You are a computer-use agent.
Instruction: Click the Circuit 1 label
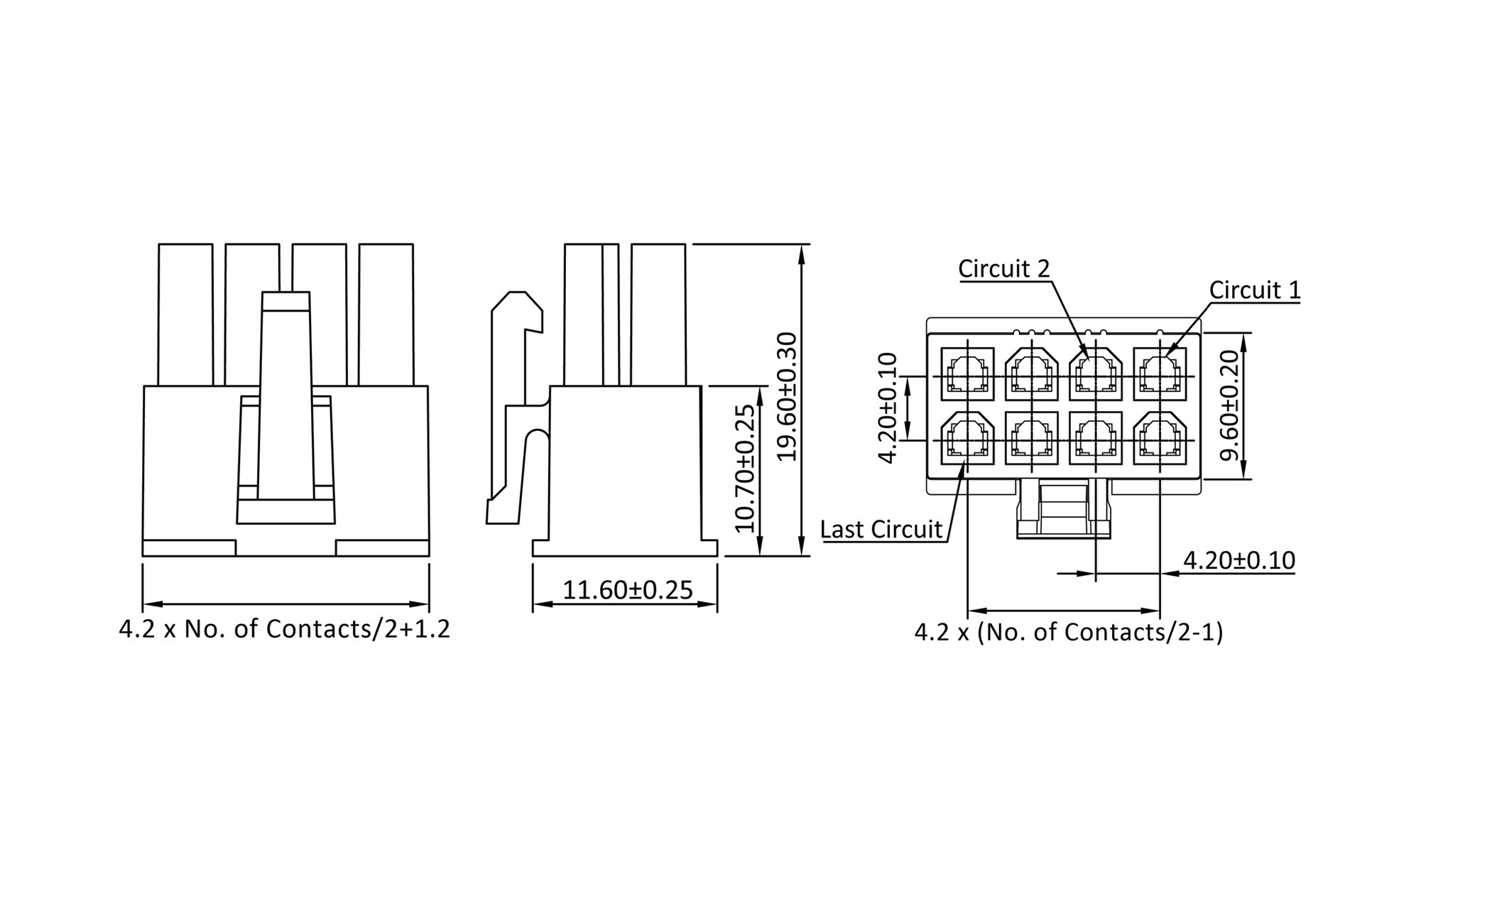[x=1255, y=290]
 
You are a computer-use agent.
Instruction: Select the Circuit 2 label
[x=1003, y=268]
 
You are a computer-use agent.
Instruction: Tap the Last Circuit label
[x=881, y=530]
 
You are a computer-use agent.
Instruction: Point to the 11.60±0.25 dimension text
[x=628, y=590]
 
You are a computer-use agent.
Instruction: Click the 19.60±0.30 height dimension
[x=787, y=396]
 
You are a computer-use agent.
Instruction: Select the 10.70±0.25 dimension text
[x=744, y=469]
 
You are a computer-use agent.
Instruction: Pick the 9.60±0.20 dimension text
[x=1229, y=405]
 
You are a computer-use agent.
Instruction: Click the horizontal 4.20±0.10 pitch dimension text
[x=1239, y=560]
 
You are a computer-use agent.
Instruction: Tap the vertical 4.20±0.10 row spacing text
[x=888, y=408]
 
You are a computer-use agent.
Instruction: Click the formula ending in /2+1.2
[x=285, y=629]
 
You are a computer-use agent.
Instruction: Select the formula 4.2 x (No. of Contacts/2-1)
[x=1069, y=632]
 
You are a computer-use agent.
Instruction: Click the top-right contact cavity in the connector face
[x=1160, y=373]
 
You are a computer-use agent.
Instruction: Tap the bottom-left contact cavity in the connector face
[x=967, y=438]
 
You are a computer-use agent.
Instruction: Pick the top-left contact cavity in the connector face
[x=967, y=373]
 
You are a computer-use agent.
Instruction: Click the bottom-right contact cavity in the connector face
[x=1160, y=438]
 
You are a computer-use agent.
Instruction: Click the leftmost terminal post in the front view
[x=185, y=315]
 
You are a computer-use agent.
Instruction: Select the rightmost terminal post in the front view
[x=386, y=315]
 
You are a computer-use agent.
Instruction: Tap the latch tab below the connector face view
[x=1064, y=508]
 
